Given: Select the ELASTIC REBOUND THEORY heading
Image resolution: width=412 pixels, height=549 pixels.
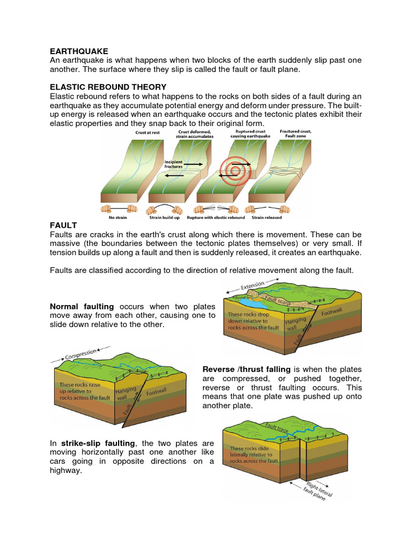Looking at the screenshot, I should click(x=108, y=87).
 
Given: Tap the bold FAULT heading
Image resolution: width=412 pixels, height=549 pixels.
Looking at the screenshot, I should click(x=63, y=225).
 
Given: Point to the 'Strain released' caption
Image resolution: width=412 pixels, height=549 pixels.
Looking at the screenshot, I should click(x=266, y=217).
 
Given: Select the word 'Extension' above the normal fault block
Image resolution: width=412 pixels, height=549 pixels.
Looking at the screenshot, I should click(x=253, y=285).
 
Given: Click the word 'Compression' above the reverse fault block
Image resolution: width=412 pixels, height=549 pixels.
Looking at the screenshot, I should click(x=82, y=354).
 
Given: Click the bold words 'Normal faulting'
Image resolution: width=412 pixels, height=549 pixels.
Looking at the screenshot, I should click(x=82, y=307).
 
